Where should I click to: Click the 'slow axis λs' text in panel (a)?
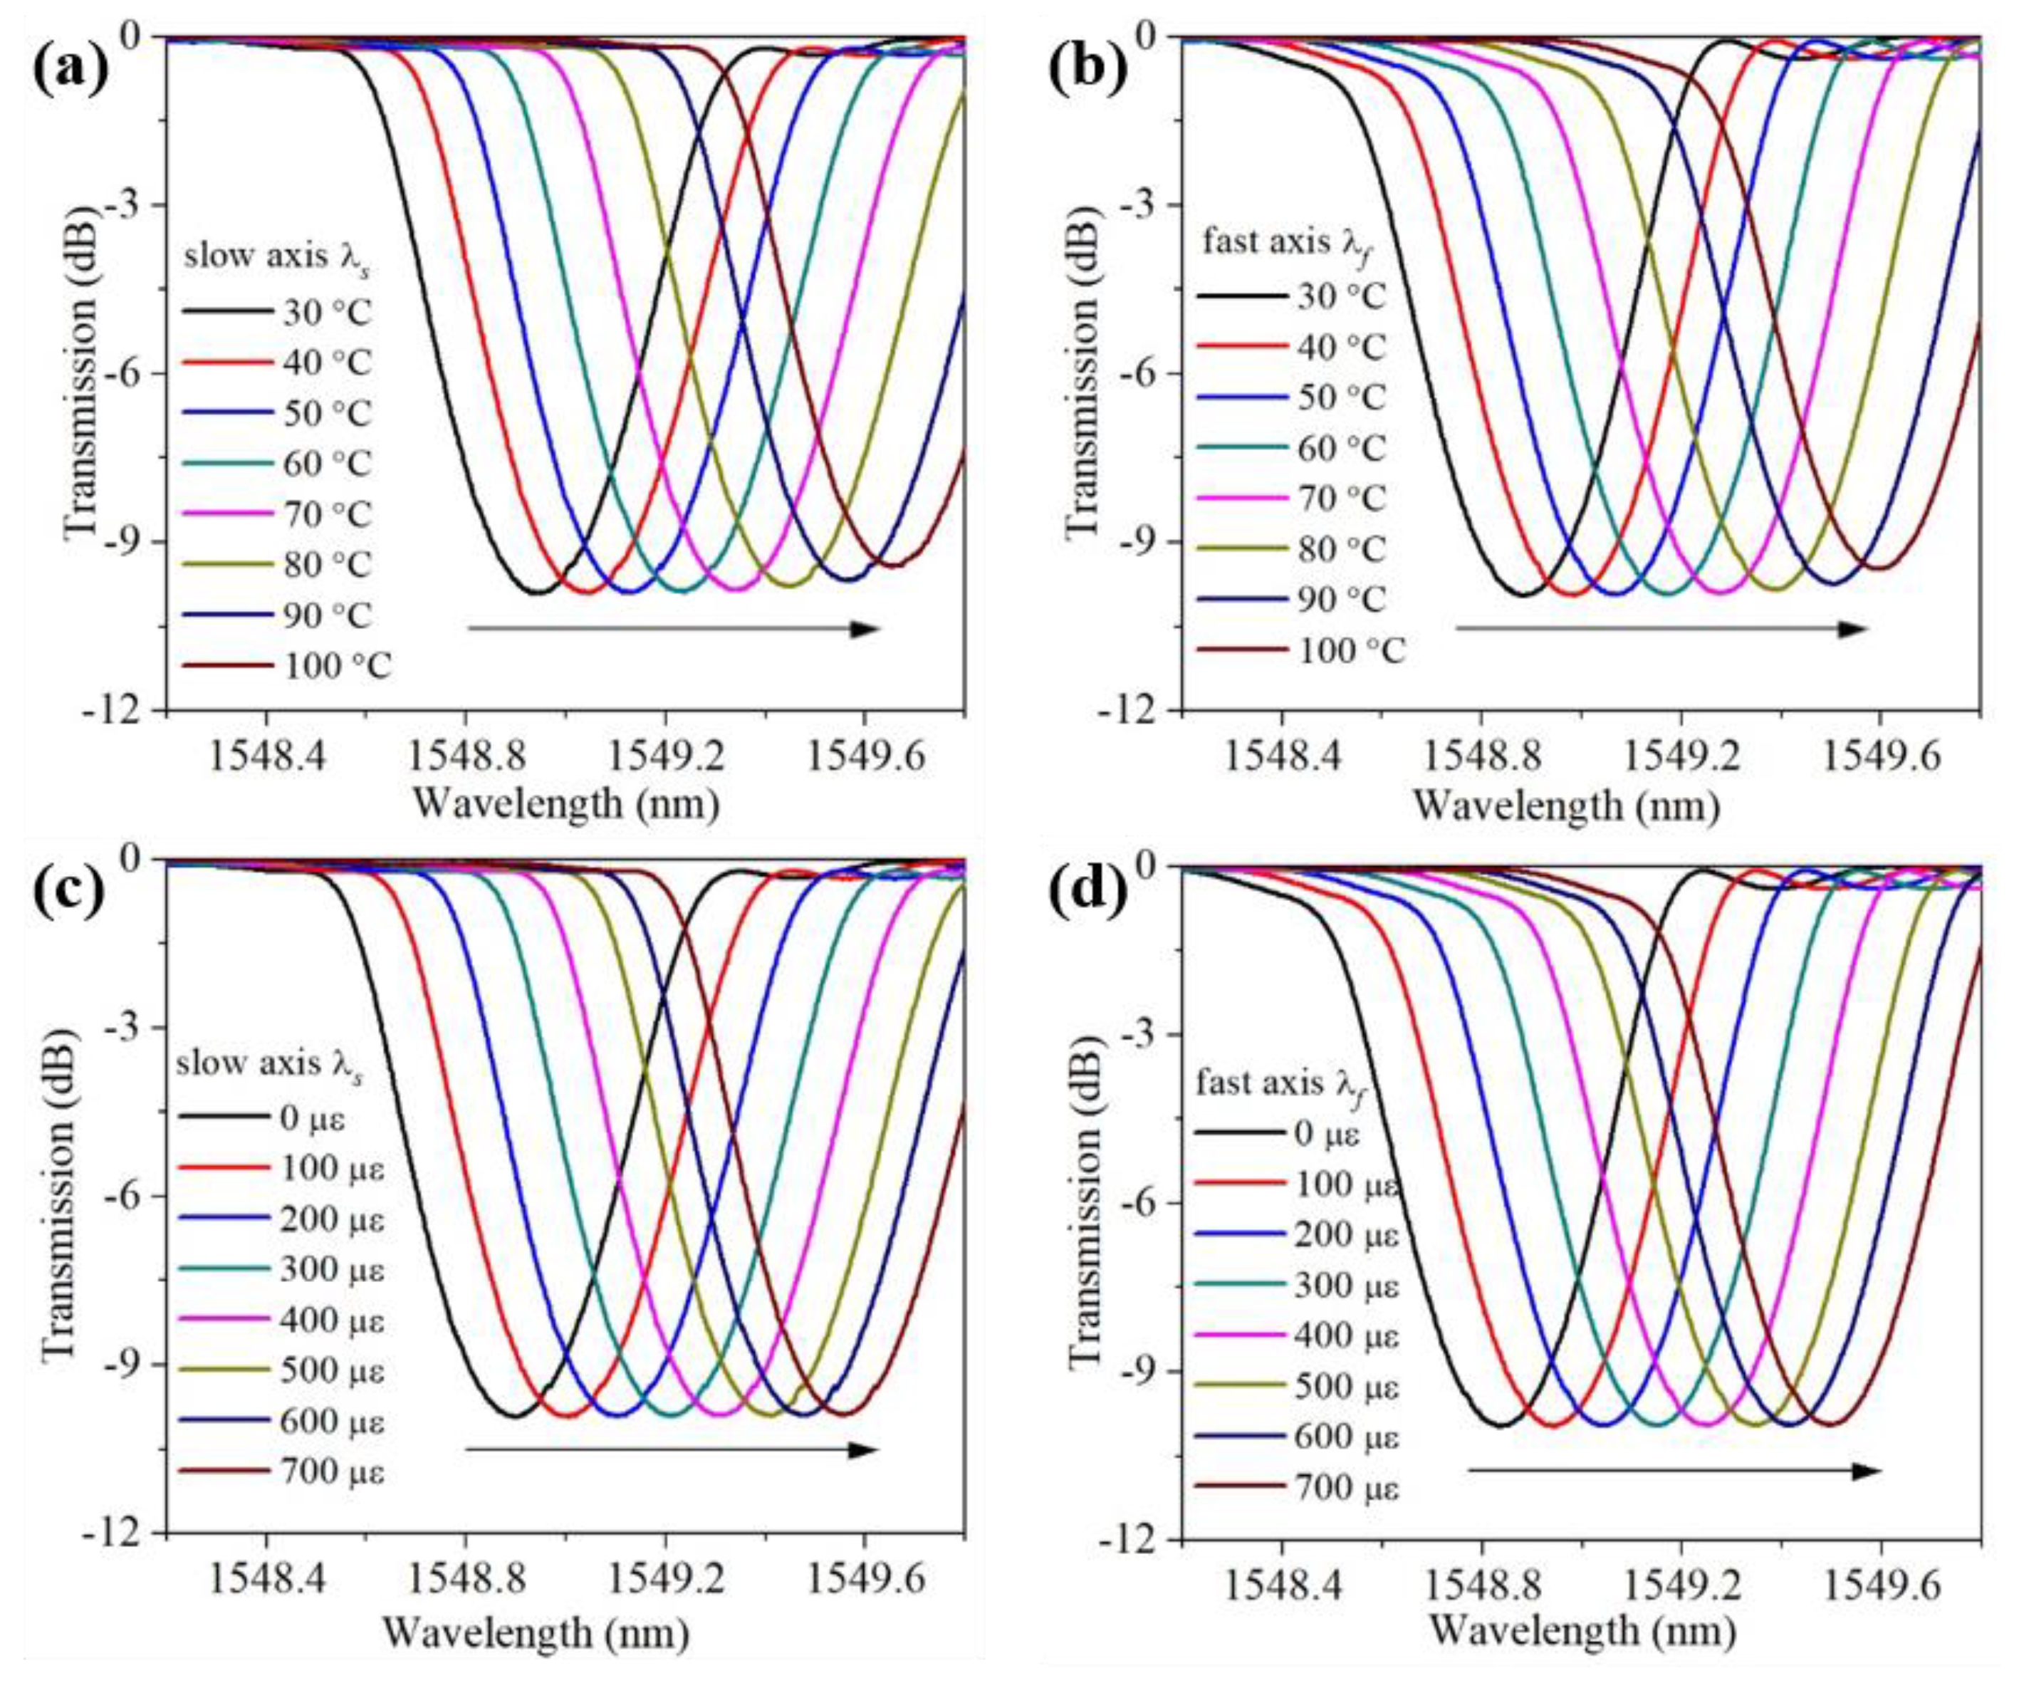point(277,258)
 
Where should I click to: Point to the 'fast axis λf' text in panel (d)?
point(1282,1084)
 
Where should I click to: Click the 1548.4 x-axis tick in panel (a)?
point(266,757)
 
